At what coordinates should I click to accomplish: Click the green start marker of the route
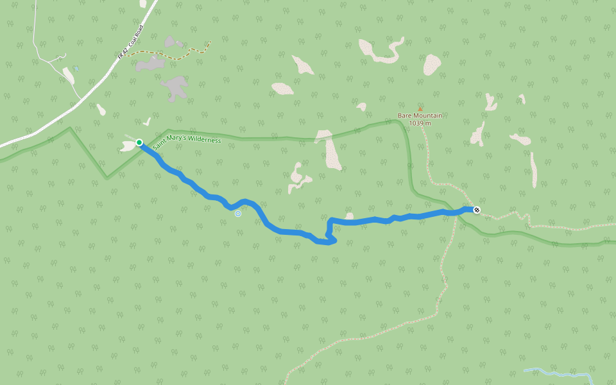click(139, 142)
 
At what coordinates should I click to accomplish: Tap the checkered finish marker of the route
click(477, 210)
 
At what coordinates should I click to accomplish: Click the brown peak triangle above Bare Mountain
click(420, 109)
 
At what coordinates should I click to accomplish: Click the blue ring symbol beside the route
click(238, 214)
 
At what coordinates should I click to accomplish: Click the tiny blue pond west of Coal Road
click(76, 67)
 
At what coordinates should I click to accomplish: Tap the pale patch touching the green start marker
click(128, 146)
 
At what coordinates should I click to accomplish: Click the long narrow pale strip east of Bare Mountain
click(533, 169)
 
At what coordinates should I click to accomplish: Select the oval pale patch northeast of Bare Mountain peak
click(432, 64)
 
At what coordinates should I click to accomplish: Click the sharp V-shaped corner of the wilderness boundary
click(107, 178)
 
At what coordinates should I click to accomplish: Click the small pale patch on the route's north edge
click(349, 216)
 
